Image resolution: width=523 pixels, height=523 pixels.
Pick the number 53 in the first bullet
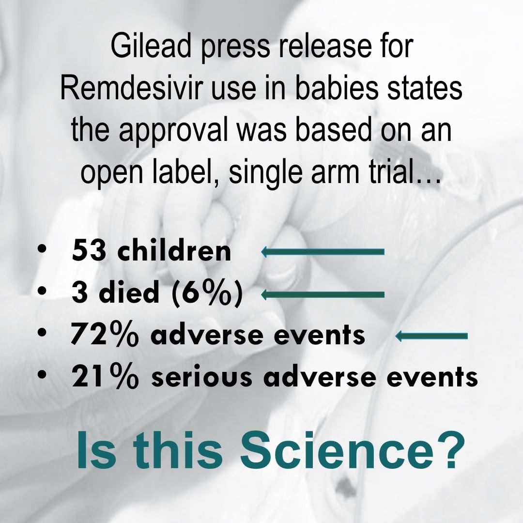click(x=89, y=251)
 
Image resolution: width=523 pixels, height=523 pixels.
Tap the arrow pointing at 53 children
click(x=323, y=252)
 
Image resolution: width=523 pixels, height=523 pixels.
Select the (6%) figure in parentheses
click(x=207, y=292)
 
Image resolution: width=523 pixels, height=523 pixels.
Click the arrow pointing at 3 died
click(x=323, y=294)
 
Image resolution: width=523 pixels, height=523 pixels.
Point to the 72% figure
click(x=104, y=334)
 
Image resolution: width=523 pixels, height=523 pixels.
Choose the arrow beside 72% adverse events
click(x=431, y=336)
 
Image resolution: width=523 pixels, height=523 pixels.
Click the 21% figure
click(x=105, y=376)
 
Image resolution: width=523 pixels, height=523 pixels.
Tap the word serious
click(x=201, y=377)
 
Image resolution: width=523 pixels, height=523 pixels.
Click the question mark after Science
click(x=451, y=449)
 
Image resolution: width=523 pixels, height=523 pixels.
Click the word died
click(x=129, y=292)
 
